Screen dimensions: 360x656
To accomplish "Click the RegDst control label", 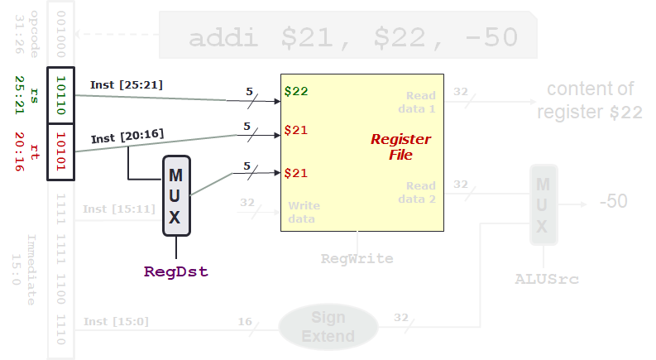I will [175, 271].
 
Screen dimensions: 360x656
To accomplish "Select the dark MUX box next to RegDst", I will [176, 196].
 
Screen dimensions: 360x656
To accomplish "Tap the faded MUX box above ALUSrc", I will [543, 204].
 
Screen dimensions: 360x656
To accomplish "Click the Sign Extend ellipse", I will [328, 327].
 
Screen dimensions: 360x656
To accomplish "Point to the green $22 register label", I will [296, 91].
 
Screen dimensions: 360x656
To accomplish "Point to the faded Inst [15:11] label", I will [118, 209].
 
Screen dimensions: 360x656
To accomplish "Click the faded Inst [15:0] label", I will [116, 321].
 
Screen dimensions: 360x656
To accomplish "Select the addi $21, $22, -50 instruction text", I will [353, 38].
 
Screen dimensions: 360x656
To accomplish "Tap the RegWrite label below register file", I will [357, 258].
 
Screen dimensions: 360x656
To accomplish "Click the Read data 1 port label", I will [420, 102].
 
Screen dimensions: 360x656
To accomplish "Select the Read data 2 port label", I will [420, 192].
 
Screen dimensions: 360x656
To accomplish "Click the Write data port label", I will [303, 212].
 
